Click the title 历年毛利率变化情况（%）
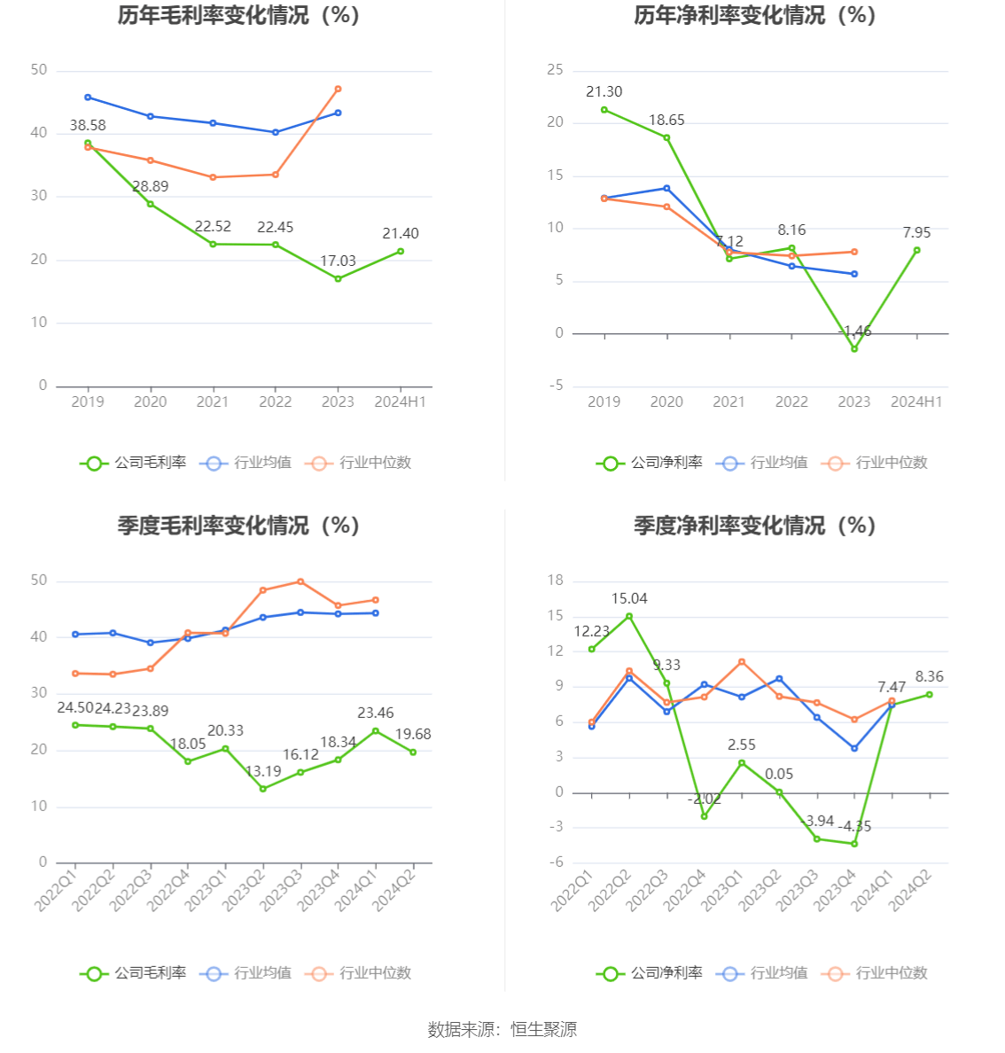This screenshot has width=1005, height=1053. pos(238,15)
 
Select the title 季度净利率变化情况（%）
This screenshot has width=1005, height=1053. pos(754,526)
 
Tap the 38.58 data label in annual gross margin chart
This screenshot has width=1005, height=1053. pos(88,126)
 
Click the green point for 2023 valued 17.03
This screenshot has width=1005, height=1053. pos(338,278)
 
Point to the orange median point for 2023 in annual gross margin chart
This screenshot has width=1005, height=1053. pos(338,89)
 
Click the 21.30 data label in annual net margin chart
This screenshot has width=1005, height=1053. pos(604,92)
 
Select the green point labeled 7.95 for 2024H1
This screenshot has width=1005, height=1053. pos(916,250)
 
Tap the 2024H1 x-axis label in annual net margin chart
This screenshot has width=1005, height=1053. pos(916,402)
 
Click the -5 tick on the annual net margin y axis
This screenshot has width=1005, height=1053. pos(556,386)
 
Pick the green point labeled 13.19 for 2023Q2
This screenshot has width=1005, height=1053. pos(263,788)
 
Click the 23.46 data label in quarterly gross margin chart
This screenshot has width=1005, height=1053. pos(375,713)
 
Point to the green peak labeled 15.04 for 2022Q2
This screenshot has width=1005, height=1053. pos(629,616)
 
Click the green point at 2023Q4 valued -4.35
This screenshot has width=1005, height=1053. pos(854,844)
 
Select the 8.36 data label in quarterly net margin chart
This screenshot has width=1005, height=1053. pos(929,676)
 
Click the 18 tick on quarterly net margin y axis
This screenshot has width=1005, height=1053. pos(556,581)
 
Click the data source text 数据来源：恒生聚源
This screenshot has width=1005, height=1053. pos(502,1029)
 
